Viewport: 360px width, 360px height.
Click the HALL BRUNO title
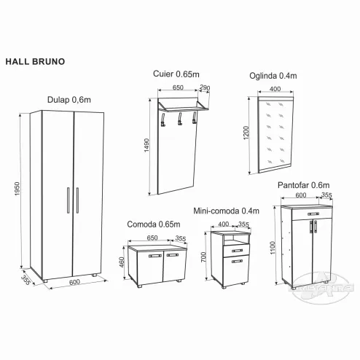(x=35, y=61)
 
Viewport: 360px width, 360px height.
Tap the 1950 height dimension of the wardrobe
(x=17, y=189)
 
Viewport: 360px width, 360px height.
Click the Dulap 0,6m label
(x=69, y=100)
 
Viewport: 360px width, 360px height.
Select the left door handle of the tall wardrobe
(x=68, y=200)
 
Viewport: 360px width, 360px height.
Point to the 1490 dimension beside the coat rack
(x=146, y=145)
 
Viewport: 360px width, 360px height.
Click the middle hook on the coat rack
(x=180, y=119)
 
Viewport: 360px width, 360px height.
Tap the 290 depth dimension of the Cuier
(x=205, y=87)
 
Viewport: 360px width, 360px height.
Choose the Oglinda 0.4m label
(x=273, y=76)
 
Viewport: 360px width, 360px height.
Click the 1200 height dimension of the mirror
(x=246, y=133)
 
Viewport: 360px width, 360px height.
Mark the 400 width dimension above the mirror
(x=275, y=89)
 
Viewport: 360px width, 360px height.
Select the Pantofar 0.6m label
(x=304, y=185)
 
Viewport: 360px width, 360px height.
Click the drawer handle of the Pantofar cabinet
(x=313, y=214)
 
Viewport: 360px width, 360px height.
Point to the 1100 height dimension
(x=273, y=248)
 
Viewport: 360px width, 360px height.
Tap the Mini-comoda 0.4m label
(x=226, y=211)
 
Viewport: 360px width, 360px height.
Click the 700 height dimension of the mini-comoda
(x=203, y=257)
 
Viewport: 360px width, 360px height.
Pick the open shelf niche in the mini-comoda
(x=236, y=240)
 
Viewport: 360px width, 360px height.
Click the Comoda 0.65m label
(x=154, y=224)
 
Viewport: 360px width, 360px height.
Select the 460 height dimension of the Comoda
(x=122, y=262)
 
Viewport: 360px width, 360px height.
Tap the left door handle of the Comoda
(x=155, y=256)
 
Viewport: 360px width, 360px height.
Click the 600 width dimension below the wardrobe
(x=74, y=282)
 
